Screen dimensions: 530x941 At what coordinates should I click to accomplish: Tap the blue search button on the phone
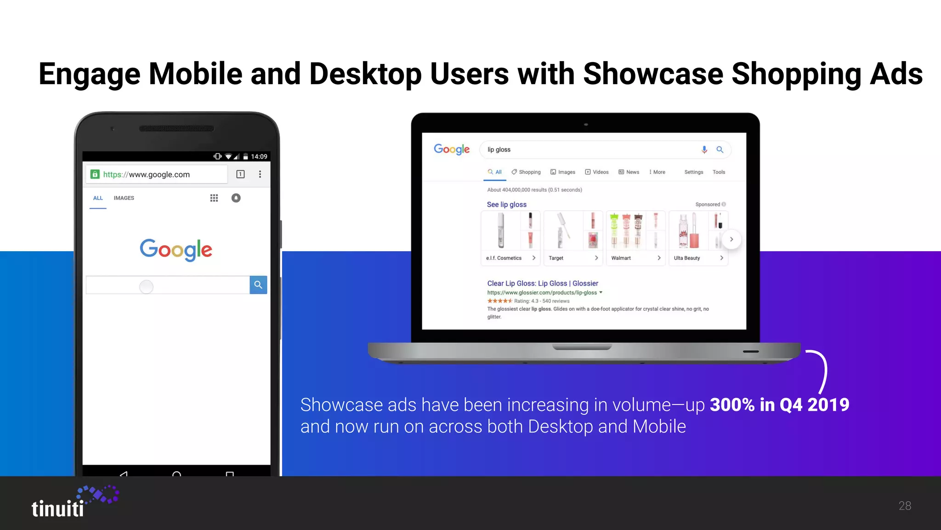[x=258, y=285]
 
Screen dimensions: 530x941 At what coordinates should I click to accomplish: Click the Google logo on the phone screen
[x=176, y=249]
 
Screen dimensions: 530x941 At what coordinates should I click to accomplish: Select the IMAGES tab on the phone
[x=124, y=198]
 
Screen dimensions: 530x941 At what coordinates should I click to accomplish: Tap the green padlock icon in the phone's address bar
[x=95, y=174]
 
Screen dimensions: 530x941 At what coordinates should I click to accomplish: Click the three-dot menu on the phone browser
[x=260, y=174]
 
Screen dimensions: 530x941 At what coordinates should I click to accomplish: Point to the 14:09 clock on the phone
[x=259, y=156]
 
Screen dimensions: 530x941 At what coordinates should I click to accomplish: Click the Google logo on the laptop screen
[x=452, y=150]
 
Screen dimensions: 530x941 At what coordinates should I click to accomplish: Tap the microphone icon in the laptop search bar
[x=704, y=150]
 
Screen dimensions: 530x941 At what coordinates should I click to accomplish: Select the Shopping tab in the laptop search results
[x=527, y=172]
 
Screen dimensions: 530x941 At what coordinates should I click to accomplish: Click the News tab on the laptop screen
[x=629, y=172]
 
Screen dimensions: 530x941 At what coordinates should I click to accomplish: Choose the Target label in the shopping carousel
[x=556, y=258]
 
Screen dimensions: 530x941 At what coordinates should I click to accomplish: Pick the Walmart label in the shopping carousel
[x=621, y=258]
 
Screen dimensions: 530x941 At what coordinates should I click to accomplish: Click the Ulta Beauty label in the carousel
[x=687, y=258]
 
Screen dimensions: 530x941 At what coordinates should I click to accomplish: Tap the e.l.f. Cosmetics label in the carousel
[x=504, y=258]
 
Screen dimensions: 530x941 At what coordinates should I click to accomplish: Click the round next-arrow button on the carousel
[x=731, y=239]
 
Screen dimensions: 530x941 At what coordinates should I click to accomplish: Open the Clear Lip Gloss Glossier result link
[x=543, y=283]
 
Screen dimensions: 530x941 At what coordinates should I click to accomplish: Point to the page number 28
[x=905, y=506]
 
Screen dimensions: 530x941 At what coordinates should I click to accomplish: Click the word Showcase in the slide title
[x=653, y=74]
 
